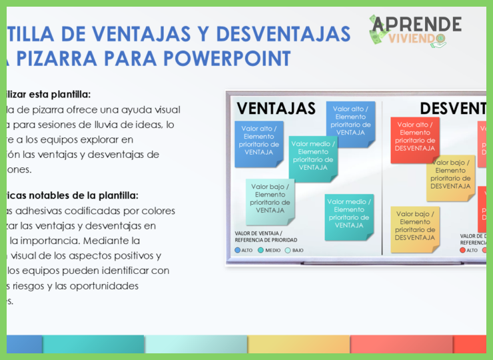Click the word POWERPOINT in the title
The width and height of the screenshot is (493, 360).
[x=227, y=58]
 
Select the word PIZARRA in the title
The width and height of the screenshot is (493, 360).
[x=69, y=58]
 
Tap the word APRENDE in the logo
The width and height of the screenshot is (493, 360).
[x=416, y=24]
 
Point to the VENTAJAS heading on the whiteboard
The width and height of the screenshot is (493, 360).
[x=276, y=108]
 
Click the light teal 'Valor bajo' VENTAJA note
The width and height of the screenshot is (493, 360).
[x=270, y=199]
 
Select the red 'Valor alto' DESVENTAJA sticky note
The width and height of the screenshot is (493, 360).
[x=414, y=137]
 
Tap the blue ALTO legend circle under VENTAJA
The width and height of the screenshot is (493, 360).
[x=238, y=250]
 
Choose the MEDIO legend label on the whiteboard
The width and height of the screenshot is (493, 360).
[x=272, y=250]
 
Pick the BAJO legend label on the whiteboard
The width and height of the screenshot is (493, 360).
[x=298, y=250]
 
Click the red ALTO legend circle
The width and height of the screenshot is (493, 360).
[x=464, y=250]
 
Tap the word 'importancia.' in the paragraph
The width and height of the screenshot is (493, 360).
[x=81, y=240]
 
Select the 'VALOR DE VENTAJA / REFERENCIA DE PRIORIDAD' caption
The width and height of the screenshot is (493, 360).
[x=266, y=237]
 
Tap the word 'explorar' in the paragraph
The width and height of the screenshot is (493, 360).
[x=114, y=139]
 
